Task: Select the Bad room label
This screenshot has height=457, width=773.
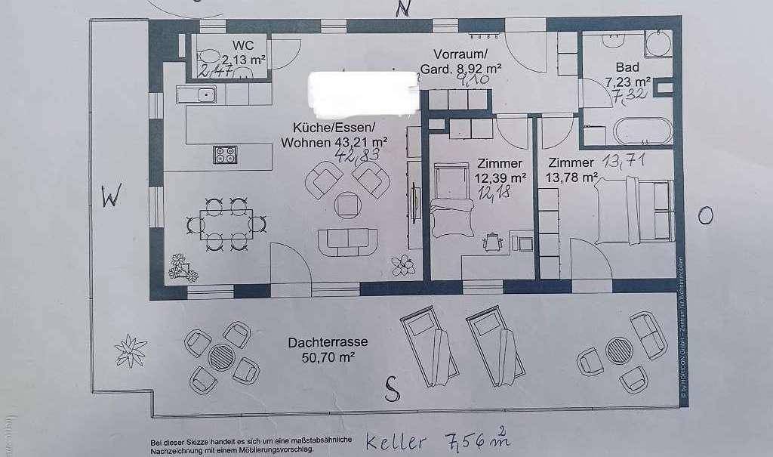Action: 627,67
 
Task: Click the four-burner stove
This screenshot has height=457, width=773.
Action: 226,154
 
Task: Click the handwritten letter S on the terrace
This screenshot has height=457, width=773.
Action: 391,389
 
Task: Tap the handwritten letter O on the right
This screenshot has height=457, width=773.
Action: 705,217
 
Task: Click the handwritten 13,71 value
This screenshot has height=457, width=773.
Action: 624,161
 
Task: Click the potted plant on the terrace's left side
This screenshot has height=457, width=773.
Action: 130,350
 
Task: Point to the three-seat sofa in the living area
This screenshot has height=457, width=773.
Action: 350,239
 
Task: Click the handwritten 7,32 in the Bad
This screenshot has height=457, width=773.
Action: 629,94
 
